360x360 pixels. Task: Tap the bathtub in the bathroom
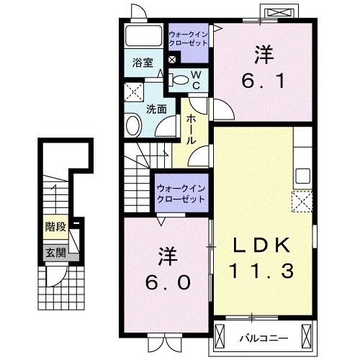(143, 36)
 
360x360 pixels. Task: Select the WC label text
(195, 79)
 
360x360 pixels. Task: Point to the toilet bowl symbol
(180, 80)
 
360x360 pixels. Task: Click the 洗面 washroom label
(156, 109)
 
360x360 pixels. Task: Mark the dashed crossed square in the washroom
(132, 91)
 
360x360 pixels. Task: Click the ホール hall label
(192, 129)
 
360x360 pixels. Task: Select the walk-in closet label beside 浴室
(188, 38)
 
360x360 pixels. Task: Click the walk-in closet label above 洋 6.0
(181, 194)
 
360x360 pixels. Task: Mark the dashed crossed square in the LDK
(300, 199)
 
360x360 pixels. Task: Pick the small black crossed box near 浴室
(173, 60)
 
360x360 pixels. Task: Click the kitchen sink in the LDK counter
(302, 175)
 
